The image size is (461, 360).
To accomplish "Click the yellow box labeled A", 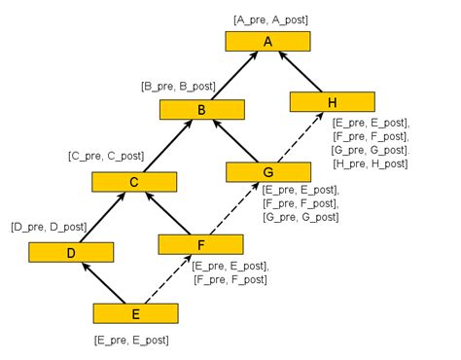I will click(268, 41).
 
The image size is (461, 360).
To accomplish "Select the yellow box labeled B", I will click(201, 110).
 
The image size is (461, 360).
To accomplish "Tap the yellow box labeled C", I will click(134, 181).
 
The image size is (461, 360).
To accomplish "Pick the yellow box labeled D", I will click(70, 252).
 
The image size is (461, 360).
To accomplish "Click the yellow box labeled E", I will click(135, 313).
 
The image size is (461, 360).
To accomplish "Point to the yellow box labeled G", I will click(267, 172).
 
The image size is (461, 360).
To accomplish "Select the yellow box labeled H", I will click(333, 101).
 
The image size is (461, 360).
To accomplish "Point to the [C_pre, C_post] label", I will click(106, 156).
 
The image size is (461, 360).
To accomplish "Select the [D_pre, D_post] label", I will click(49, 227).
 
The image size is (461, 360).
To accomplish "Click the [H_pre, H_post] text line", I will click(371, 164).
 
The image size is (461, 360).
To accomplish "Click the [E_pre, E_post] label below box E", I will click(130, 341).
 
